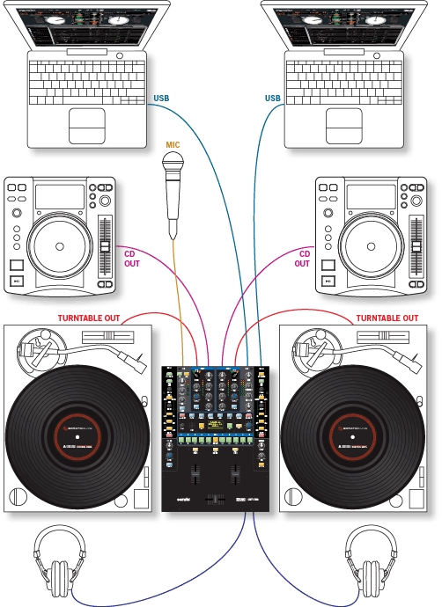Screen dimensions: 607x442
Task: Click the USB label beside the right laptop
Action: coord(274,98)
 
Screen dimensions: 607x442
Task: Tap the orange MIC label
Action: coord(174,143)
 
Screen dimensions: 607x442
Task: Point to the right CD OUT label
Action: coord(302,257)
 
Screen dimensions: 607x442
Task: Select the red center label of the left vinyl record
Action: coord(77,437)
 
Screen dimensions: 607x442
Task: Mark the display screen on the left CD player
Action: coord(60,195)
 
